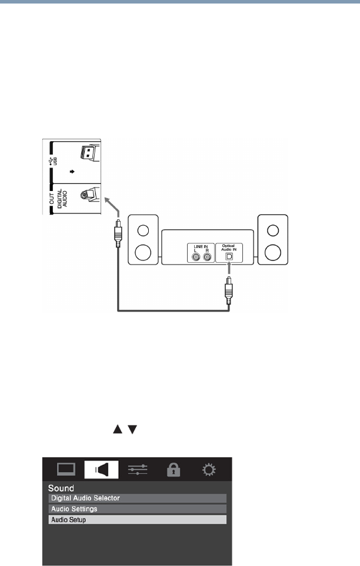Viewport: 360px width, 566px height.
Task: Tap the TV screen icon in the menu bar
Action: click(x=66, y=470)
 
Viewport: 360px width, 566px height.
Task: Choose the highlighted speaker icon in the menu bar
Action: click(x=101, y=470)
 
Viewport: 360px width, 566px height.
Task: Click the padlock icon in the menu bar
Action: click(x=175, y=470)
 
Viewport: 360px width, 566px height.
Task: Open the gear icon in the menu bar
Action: click(x=209, y=470)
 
